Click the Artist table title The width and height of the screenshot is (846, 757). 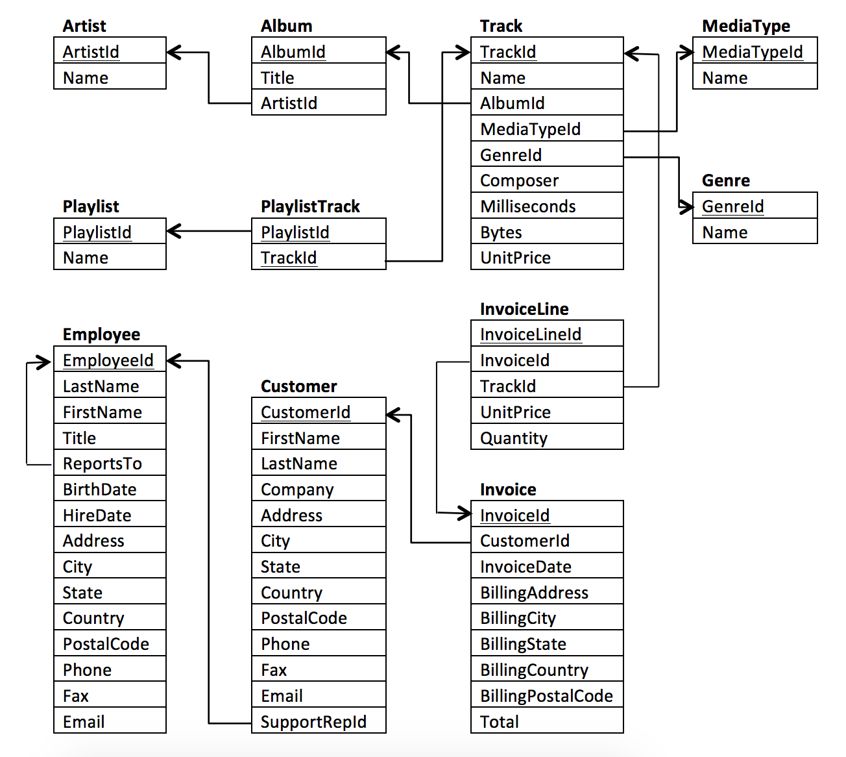tap(84, 26)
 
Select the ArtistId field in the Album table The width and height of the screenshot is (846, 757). tap(289, 103)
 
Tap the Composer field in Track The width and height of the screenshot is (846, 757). tap(519, 180)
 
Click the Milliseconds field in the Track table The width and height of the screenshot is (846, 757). tap(527, 206)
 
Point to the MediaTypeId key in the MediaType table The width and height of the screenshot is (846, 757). tap(752, 52)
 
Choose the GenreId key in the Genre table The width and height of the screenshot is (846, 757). tap(732, 206)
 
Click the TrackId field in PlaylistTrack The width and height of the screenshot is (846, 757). tap(289, 258)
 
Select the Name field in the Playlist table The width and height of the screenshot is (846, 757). tap(86, 258)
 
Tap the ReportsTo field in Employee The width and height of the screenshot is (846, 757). tap(102, 464)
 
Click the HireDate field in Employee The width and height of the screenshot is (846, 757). tap(97, 515)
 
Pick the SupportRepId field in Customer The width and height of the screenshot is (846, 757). tap(313, 722)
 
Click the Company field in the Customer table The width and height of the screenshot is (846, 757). tap(297, 490)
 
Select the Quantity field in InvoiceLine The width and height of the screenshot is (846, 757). tap(513, 438)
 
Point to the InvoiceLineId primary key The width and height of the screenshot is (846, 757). tap(530, 334)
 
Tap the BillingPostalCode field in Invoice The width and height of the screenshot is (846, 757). tap(546, 696)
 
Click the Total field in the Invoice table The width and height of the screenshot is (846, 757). tap(499, 722)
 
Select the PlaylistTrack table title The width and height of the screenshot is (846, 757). tap(310, 206)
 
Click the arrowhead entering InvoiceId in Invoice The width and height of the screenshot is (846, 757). tap(463, 514)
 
